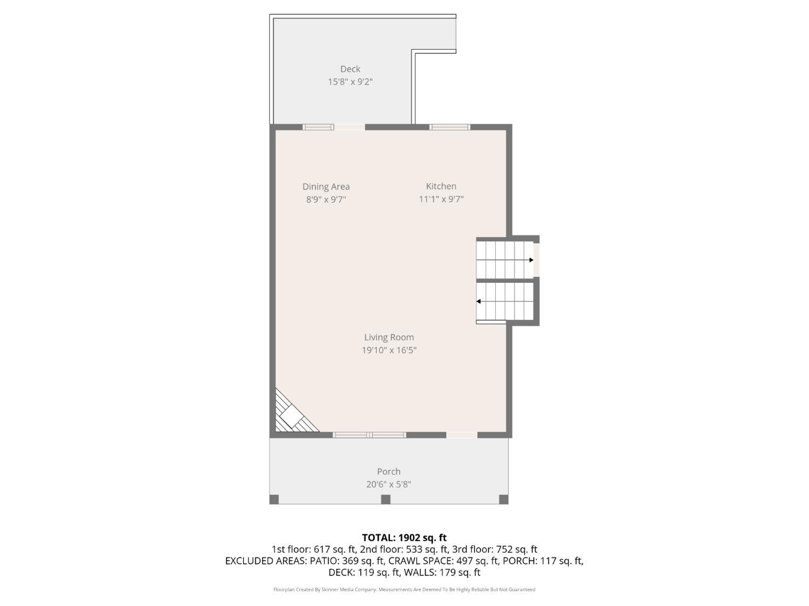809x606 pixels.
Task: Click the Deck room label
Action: pyautogui.click(x=350, y=69)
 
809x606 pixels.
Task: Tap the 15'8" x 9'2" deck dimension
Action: pyautogui.click(x=350, y=82)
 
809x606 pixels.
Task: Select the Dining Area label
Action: pyautogui.click(x=326, y=186)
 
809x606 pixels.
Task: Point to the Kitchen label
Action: pyautogui.click(x=441, y=186)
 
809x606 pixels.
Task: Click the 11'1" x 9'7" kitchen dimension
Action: pyautogui.click(x=441, y=199)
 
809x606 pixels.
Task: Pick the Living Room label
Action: pyautogui.click(x=389, y=337)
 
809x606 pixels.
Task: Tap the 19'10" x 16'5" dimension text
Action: pyautogui.click(x=389, y=350)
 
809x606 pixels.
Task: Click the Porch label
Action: pyautogui.click(x=388, y=471)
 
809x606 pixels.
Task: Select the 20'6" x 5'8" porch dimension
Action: pyautogui.click(x=388, y=484)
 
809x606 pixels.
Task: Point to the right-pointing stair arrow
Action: pyautogui.click(x=531, y=260)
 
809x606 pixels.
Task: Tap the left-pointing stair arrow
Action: pyautogui.click(x=478, y=301)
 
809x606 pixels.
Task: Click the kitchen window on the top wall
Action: pyautogui.click(x=449, y=127)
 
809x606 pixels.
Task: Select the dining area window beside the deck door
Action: pyautogui.click(x=318, y=127)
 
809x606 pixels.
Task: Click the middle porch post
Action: pyautogui.click(x=386, y=499)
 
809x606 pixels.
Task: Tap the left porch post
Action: pyautogui.click(x=274, y=499)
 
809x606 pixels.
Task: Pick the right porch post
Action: pyautogui.click(x=504, y=499)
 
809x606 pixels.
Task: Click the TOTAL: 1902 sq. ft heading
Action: pyautogui.click(x=404, y=538)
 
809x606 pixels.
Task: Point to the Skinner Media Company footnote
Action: pyautogui.click(x=404, y=589)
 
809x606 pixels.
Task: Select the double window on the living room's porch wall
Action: pyautogui.click(x=369, y=435)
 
